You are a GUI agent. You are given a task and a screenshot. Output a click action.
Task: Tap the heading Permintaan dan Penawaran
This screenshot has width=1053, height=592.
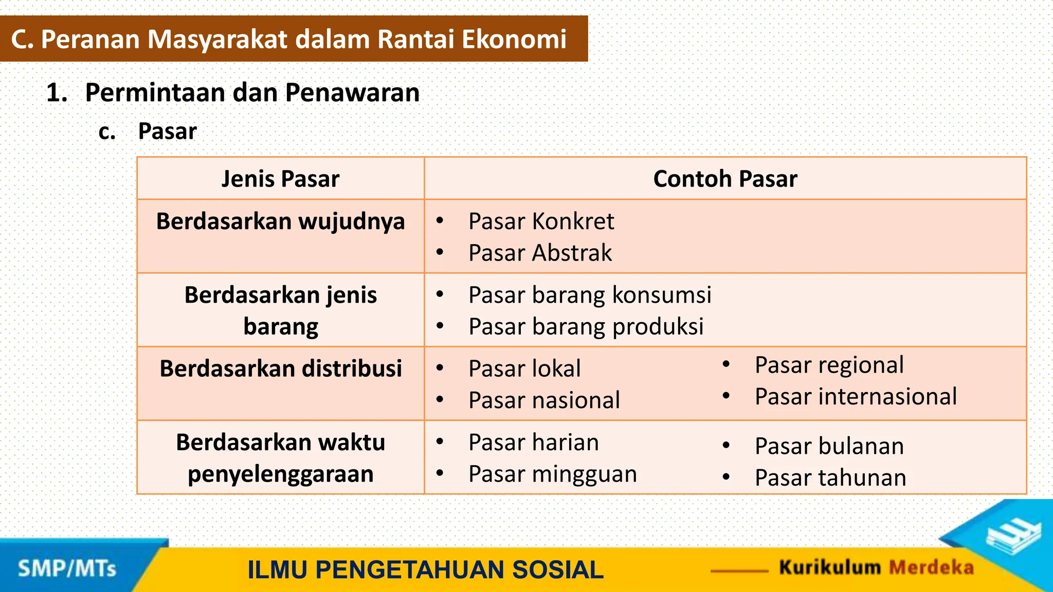coord(252,92)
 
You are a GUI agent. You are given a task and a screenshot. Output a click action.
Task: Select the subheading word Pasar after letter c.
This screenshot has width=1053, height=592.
coord(167,132)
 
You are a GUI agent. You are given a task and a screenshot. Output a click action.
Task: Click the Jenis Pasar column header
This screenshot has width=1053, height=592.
coord(280,179)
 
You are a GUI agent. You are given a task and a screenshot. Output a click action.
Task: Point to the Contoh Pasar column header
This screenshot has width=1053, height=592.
coord(725,179)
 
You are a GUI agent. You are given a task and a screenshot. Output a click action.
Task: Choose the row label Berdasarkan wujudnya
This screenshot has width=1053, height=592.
coord(280,221)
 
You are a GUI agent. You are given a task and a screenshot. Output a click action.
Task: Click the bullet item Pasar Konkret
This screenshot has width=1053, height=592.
coord(541,221)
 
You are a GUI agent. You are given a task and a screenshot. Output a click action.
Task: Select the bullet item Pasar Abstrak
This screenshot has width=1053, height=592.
coord(540,253)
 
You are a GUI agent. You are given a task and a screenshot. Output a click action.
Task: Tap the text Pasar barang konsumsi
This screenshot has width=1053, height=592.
coord(590,295)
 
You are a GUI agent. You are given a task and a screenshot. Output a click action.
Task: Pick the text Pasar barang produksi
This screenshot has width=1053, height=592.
coord(586,327)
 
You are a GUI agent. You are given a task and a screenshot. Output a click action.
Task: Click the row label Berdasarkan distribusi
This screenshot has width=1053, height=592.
coord(280,368)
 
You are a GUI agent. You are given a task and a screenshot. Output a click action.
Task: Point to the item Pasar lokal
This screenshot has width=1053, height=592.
coord(524,368)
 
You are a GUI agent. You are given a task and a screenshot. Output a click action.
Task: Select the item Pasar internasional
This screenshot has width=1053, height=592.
coord(856,397)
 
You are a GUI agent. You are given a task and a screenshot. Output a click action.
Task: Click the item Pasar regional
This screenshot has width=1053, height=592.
coord(829,365)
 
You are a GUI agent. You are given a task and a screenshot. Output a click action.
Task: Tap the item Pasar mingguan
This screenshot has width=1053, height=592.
coord(552,474)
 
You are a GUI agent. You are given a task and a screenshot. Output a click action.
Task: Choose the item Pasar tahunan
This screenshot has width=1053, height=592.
coord(830,477)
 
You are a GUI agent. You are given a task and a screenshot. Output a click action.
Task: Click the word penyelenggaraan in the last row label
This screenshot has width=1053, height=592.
coord(280,474)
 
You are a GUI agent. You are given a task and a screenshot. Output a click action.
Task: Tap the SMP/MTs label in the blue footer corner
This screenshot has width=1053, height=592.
coord(67,569)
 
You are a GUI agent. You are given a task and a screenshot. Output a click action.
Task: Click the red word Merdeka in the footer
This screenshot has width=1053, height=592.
coord(931,567)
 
